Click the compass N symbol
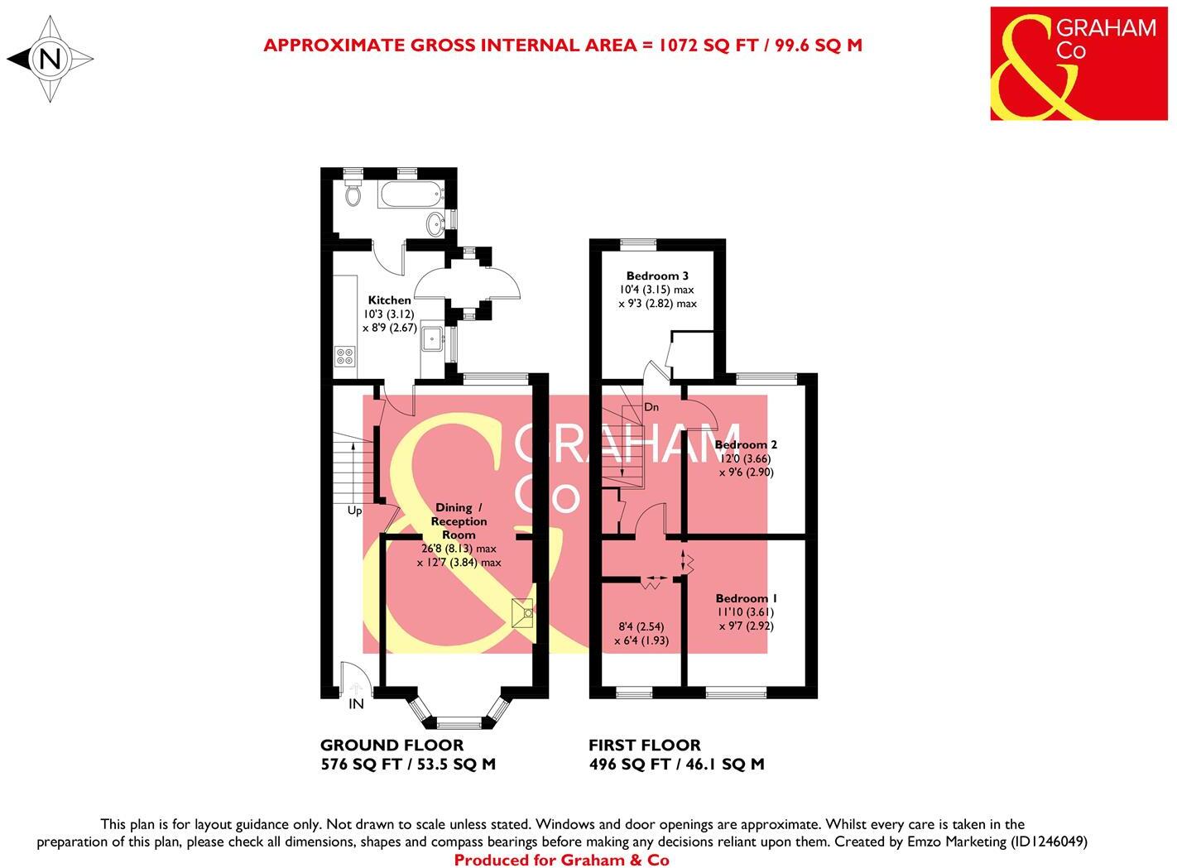pos(50,60)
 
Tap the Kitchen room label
pos(389,300)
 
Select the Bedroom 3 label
pos(657,276)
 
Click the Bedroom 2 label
pos(746,444)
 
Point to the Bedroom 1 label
pos(747,598)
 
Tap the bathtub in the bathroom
pos(411,197)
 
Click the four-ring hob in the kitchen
pos(345,356)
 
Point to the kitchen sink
pos(432,339)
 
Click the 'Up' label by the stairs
pos(354,511)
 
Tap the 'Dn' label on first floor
pos(651,407)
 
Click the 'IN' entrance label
pos(356,704)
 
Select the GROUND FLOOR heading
pos(392,746)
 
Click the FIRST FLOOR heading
pos(644,746)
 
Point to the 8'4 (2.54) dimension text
pos(641,626)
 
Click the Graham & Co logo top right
pos(1073,64)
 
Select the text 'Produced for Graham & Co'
pos(561,860)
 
